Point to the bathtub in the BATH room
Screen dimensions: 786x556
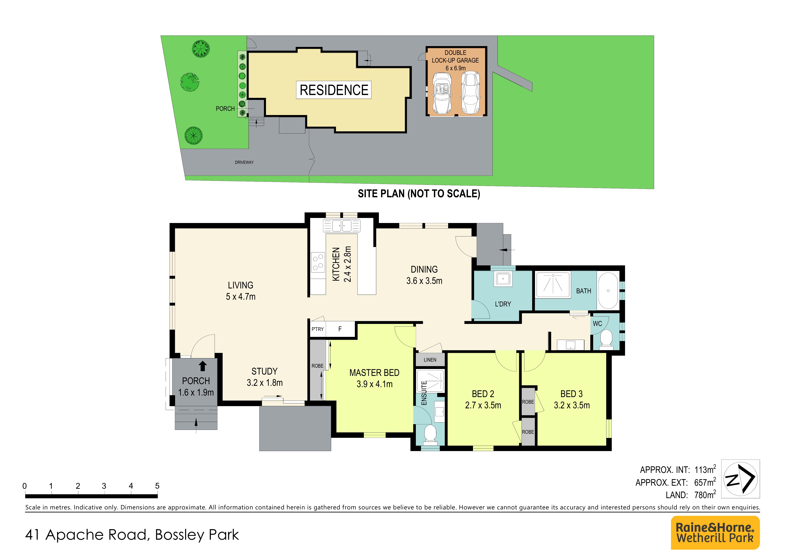[608, 290]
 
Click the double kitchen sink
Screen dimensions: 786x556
[342, 226]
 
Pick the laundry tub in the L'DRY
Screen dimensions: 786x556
[503, 279]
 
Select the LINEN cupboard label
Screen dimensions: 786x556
[430, 360]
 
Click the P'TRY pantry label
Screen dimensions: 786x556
[317, 329]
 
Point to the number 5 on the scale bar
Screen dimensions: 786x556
[157, 486]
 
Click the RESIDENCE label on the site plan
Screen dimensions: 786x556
[334, 90]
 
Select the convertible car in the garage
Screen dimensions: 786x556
[442, 93]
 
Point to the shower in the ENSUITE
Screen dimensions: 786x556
[430, 380]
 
